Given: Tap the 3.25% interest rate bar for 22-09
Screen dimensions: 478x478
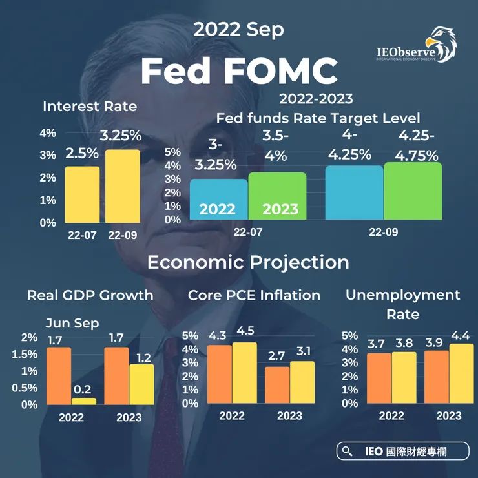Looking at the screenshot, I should pyautogui.click(x=123, y=186).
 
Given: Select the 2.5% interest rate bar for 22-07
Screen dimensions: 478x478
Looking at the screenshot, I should pyautogui.click(x=83, y=194).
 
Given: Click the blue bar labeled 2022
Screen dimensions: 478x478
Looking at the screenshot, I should pyautogui.click(x=218, y=200).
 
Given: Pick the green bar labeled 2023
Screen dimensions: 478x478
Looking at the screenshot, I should pyautogui.click(x=277, y=196).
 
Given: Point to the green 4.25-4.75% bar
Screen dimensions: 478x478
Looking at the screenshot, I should pyautogui.click(x=413, y=191).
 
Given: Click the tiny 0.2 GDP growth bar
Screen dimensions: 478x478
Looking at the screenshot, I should pyautogui.click(x=84, y=401).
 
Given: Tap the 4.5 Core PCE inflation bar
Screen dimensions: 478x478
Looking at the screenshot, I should pyautogui.click(x=244, y=373).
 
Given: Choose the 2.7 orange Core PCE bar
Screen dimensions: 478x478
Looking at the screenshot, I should pyautogui.click(x=277, y=385).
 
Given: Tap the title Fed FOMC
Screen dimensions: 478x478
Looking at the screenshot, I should pyautogui.click(x=239, y=71).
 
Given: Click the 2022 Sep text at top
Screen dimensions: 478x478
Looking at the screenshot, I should pyautogui.click(x=238, y=29).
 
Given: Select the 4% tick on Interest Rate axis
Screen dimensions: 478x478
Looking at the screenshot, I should pyautogui.click(x=48, y=133).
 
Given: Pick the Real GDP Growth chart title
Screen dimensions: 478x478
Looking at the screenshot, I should pyautogui.click(x=90, y=295).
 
